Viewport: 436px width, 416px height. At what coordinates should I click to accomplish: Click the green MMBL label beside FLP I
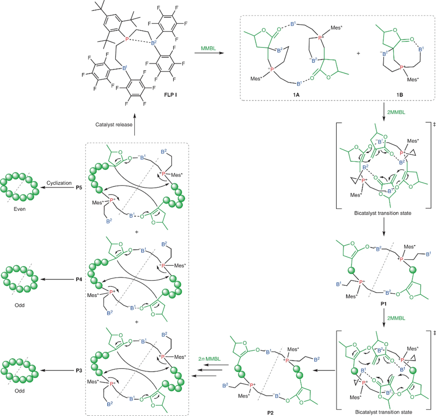[x=208, y=48]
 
